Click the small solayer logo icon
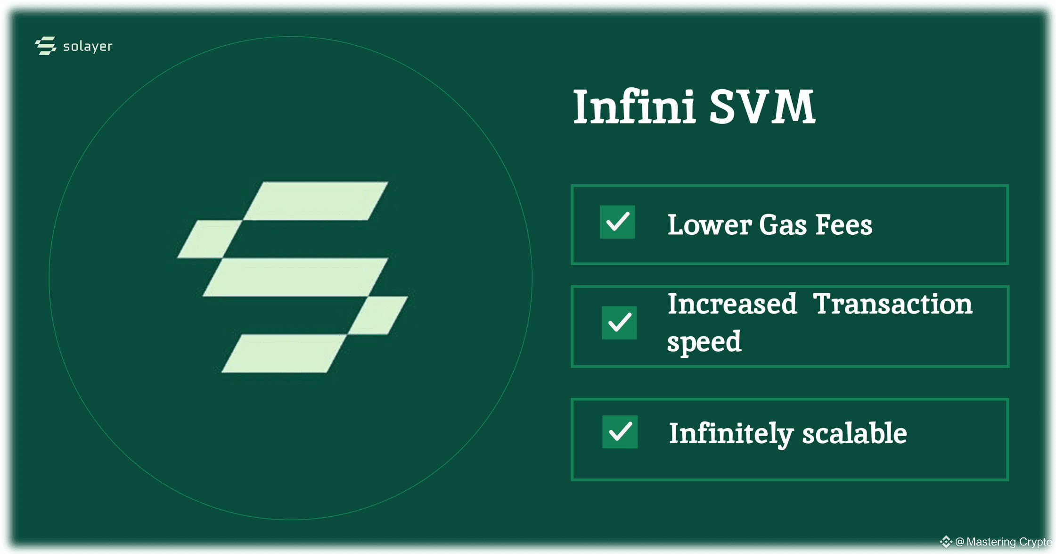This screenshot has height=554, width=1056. pos(46,46)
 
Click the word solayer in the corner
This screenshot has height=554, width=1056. pos(88,46)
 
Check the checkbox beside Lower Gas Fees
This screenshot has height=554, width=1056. pos(617,222)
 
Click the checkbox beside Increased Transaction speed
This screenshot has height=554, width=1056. pos(619,323)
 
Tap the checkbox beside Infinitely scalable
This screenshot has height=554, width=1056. pos(620,431)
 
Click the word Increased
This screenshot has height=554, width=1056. pos(732,304)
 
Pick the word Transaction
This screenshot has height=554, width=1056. pos(893,304)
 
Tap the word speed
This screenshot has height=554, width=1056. pos(704,342)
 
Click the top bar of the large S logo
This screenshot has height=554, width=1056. pos(315,201)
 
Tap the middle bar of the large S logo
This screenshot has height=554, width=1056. pos(295,277)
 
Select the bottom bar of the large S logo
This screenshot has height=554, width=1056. pos(284,354)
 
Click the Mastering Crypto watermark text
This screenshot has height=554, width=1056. pos(1008,542)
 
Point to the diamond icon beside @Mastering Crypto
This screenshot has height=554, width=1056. pos(945,542)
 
